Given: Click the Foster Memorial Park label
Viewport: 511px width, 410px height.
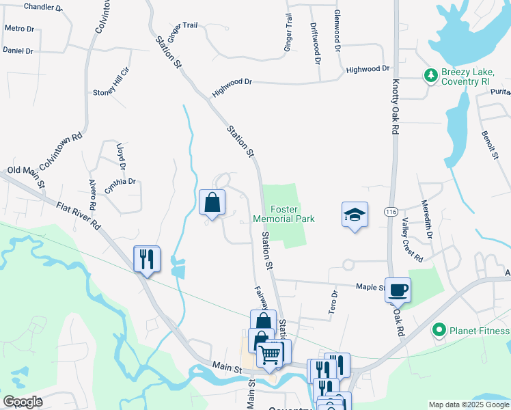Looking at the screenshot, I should click(284, 214).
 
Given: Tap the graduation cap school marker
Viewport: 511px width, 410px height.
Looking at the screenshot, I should click(355, 215).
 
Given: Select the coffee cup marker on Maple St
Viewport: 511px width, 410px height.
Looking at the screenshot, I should click(398, 290).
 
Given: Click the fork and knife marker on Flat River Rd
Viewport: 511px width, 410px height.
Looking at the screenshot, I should click(147, 259).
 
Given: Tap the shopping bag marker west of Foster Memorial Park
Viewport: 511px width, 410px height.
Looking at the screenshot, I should click(212, 203).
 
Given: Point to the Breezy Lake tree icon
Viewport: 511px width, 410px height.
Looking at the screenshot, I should click(431, 75).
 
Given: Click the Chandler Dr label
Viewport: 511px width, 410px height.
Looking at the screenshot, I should click(43, 7).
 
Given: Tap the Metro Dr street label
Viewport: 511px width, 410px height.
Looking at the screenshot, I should click(19, 29).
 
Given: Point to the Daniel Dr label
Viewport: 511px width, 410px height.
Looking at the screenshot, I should click(18, 51).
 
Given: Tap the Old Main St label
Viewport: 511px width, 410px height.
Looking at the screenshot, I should click(26, 176).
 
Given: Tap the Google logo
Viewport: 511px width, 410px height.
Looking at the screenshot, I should click(23, 402).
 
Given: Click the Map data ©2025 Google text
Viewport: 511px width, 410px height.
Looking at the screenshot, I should click(468, 405).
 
